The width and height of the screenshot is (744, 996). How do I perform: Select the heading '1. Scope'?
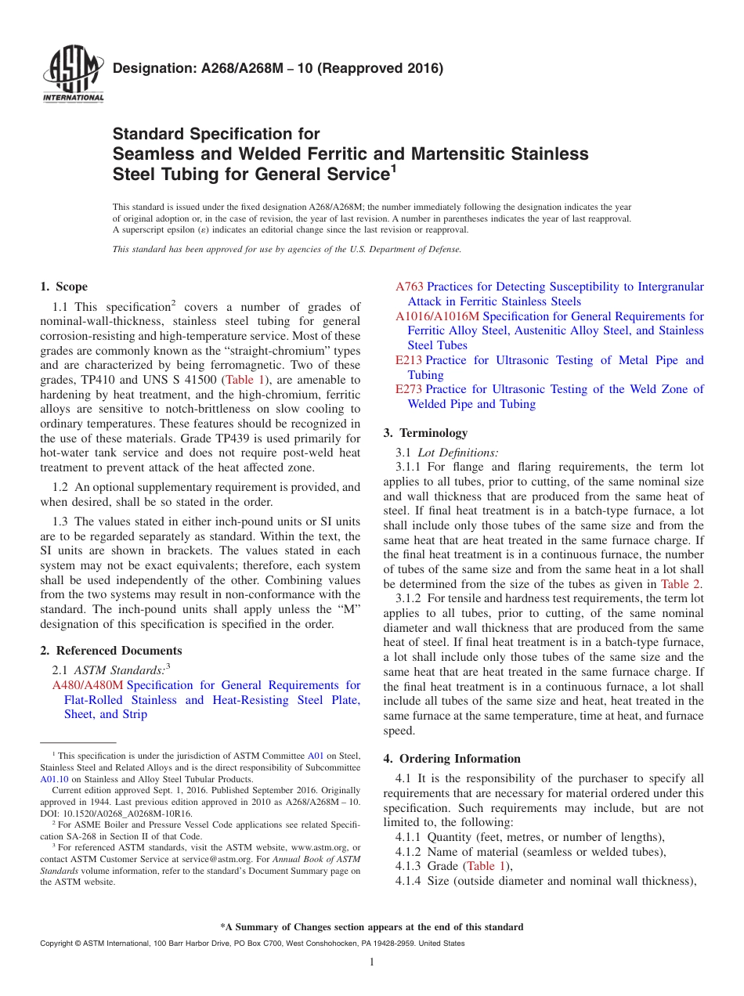(x=63, y=287)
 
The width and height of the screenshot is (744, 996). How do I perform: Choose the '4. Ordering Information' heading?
(x=452, y=759)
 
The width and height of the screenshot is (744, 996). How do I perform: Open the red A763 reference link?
(x=410, y=287)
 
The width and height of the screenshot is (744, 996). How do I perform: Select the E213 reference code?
(x=409, y=360)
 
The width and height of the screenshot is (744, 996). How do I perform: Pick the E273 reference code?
(x=409, y=389)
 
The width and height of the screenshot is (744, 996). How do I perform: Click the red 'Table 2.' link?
(x=681, y=584)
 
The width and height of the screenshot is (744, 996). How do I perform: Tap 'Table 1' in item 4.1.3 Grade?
(x=481, y=866)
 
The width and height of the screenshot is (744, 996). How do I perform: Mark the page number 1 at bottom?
(x=372, y=962)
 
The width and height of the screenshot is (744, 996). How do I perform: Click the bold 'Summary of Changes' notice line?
(x=372, y=927)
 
